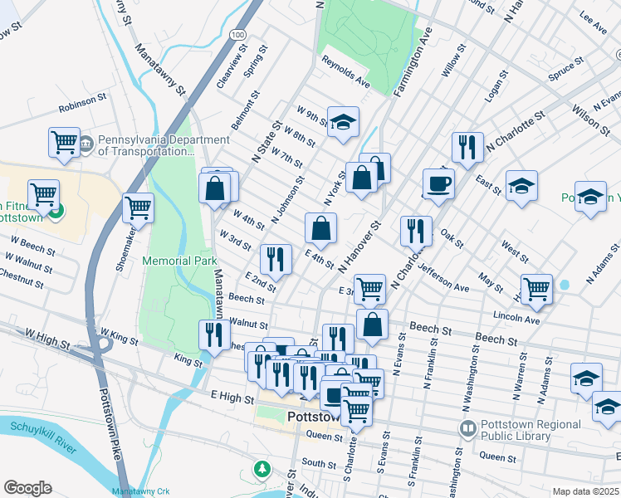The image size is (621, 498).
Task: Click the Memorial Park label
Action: tap(179, 261)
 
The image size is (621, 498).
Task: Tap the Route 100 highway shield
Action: tap(238, 35)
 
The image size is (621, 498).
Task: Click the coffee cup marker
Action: tap(438, 183)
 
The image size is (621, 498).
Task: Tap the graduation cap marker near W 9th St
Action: tap(342, 122)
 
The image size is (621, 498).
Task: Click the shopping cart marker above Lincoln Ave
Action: tap(537, 289)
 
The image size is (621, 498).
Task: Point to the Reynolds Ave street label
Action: tap(345, 72)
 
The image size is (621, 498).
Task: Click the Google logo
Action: tap(27, 487)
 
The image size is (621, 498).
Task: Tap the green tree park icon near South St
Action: tap(262, 470)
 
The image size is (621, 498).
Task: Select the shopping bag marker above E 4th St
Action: tap(320, 227)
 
